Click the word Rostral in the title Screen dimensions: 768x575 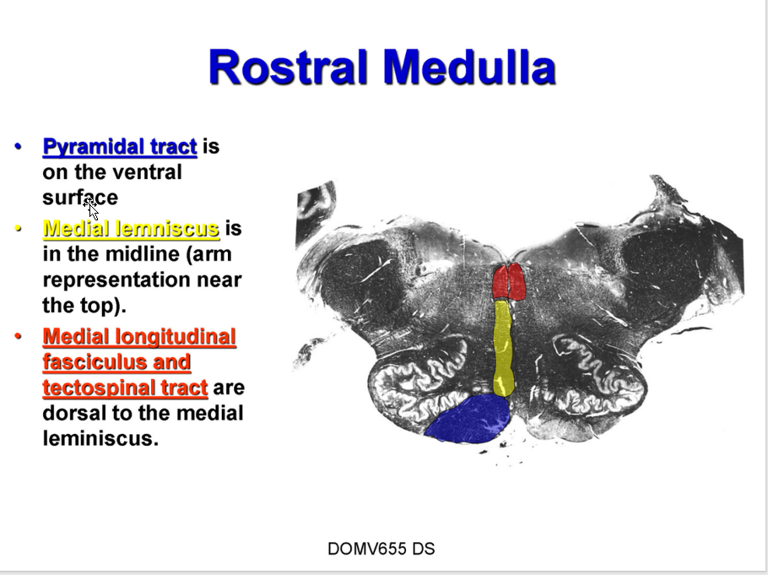(x=288, y=67)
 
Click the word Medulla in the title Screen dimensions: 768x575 (x=470, y=67)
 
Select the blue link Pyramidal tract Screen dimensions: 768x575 (x=120, y=147)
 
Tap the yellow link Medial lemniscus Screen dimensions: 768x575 (x=132, y=229)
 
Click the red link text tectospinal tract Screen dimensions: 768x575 (x=126, y=388)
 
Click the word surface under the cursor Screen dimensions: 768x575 (x=80, y=198)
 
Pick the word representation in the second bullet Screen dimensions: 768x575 (x=117, y=280)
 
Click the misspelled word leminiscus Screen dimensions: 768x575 (x=101, y=437)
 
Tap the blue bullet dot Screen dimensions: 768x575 (x=19, y=146)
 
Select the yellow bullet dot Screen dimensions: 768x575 (x=19, y=229)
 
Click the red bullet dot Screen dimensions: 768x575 (x=19, y=336)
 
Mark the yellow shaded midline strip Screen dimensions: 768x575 (x=503, y=348)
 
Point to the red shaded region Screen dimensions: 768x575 (x=509, y=282)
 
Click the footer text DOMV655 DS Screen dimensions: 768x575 (x=381, y=549)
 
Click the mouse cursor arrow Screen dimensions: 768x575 (x=92, y=208)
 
